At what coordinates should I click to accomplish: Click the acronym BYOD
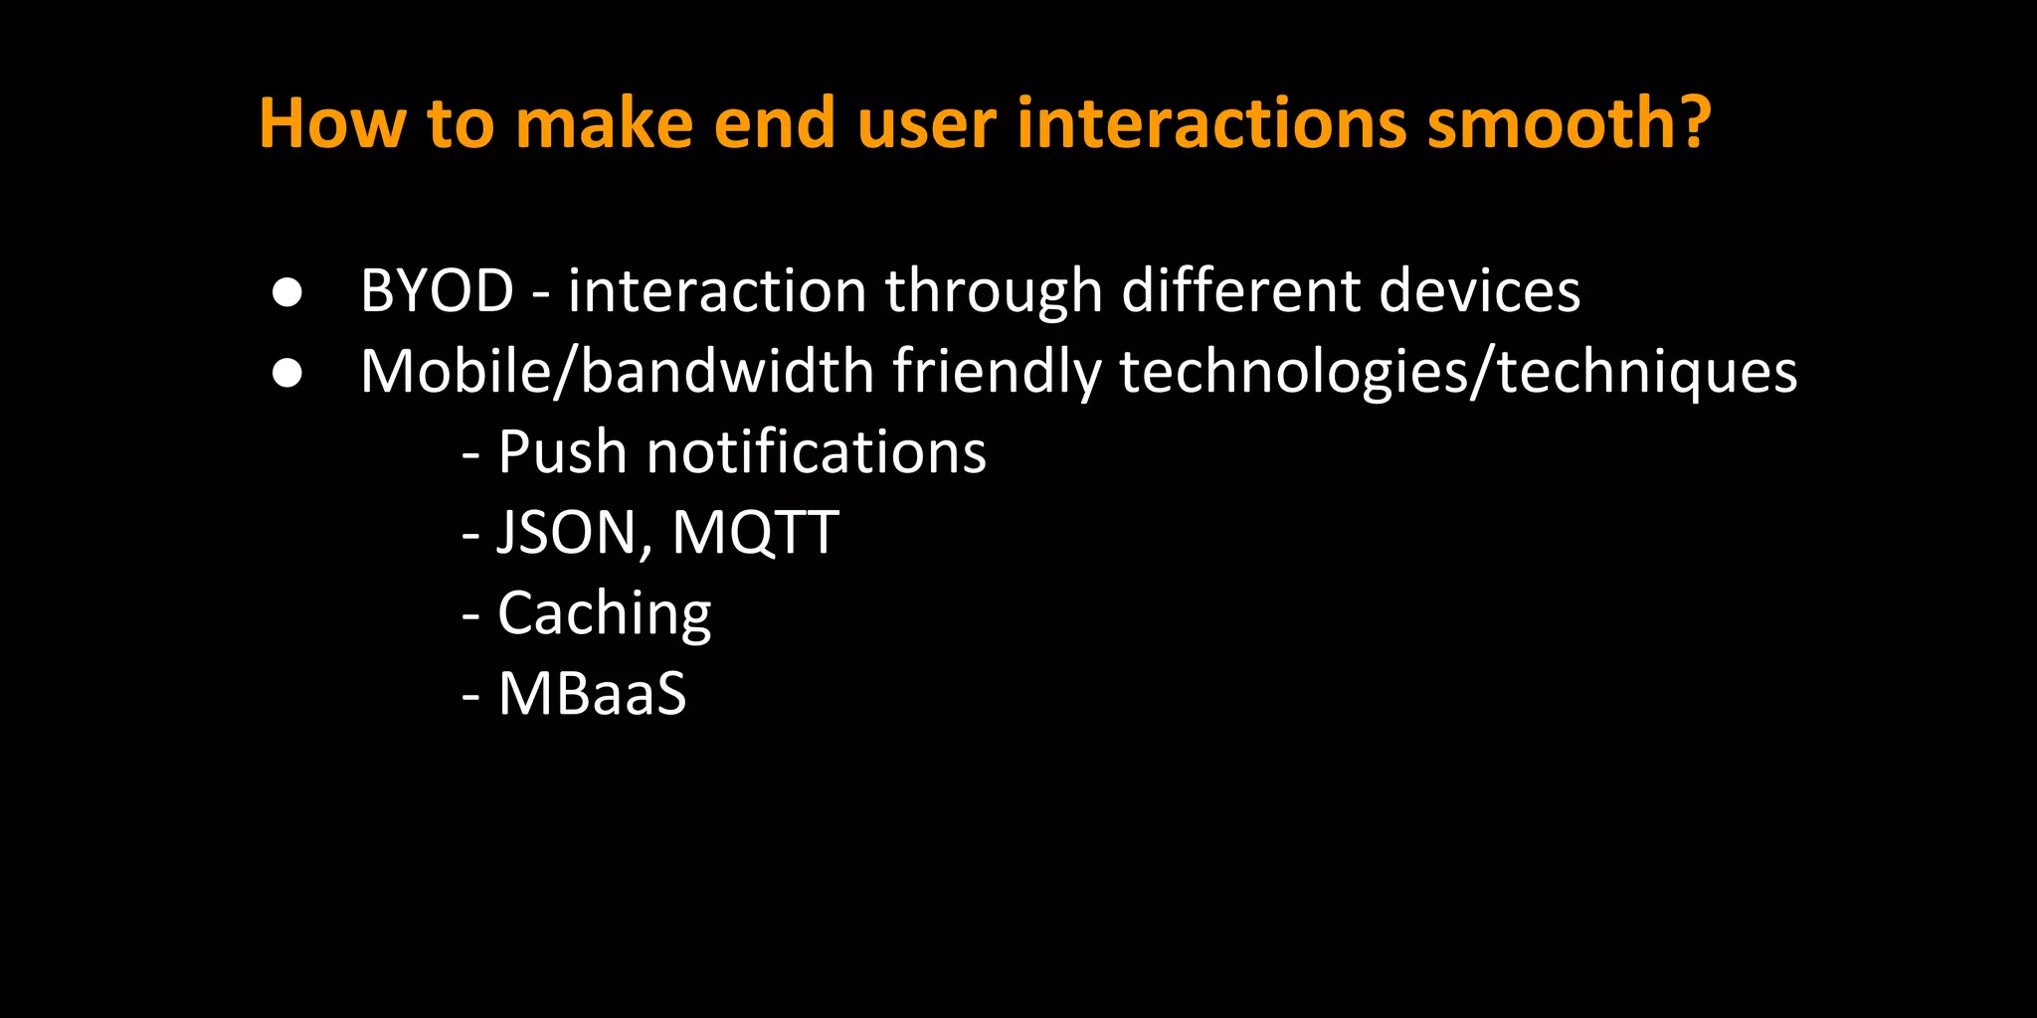[x=437, y=291]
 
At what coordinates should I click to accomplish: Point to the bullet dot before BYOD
[x=287, y=292]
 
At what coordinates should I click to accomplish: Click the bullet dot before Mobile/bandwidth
[x=287, y=373]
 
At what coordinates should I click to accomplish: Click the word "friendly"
[x=997, y=373]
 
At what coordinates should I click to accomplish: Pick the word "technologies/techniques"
[x=1458, y=373]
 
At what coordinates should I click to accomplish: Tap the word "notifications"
[x=816, y=452]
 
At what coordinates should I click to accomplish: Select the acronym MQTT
[x=755, y=533]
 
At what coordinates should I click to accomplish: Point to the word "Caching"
[x=604, y=614]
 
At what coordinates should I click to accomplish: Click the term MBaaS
[x=592, y=694]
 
